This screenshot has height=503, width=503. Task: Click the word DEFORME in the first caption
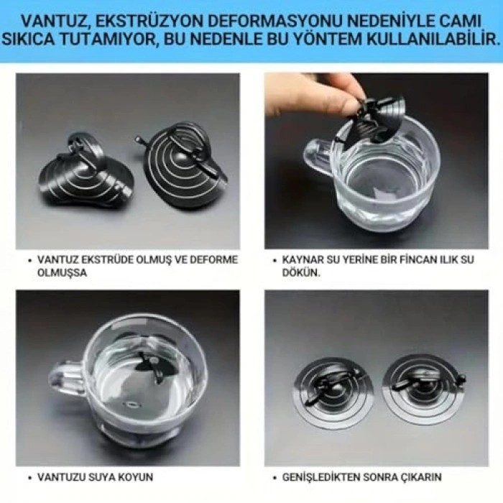coord(214,259)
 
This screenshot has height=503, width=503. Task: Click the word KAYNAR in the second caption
coord(304,259)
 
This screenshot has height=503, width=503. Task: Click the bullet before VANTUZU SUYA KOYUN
coord(29,477)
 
